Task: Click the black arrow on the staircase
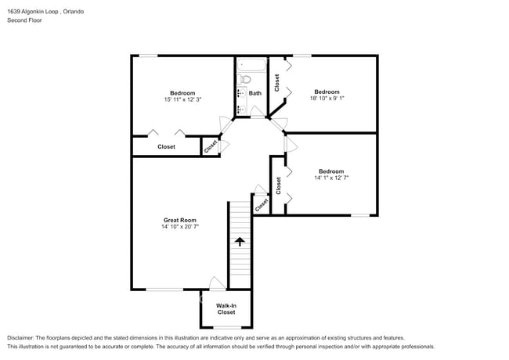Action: [240, 242]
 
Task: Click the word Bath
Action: [255, 92]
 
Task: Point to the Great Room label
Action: [179, 220]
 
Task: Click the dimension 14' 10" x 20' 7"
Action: [179, 228]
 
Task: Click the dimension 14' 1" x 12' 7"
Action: [330, 178]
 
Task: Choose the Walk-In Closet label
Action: [226, 308]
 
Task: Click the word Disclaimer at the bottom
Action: [21, 337]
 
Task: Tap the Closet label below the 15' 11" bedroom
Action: [166, 146]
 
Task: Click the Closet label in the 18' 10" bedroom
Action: [277, 82]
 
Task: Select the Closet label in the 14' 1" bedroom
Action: [278, 185]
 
